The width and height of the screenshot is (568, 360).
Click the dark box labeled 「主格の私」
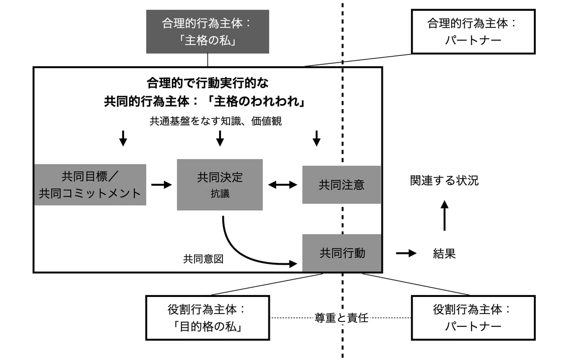[207, 32]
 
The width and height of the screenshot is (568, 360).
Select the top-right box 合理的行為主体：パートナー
[473, 32]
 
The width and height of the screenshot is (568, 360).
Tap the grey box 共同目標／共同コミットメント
[90, 185]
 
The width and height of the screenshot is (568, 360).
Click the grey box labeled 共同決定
[220, 185]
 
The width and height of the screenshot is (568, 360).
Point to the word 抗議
[220, 194]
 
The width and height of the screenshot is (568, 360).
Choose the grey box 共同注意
[342, 185]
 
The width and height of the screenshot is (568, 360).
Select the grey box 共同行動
[342, 253]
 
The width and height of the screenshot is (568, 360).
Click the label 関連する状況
[444, 180]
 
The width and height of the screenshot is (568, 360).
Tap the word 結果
[444, 253]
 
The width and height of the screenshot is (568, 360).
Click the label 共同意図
[204, 259]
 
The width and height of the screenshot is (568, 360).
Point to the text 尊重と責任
[341, 318]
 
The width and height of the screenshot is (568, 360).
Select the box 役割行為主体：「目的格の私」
[207, 318]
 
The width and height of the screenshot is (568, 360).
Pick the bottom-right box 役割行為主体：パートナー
[473, 318]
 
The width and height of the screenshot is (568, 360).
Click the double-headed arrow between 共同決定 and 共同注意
[283, 185]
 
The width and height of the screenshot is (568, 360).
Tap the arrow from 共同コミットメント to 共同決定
[161, 185]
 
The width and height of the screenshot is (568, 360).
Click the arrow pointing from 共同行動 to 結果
[406, 253]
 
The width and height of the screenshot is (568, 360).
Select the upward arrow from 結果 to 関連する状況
[444, 216]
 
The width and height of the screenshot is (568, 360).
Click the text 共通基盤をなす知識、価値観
[215, 121]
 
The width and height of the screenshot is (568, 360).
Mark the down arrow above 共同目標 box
[123, 138]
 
